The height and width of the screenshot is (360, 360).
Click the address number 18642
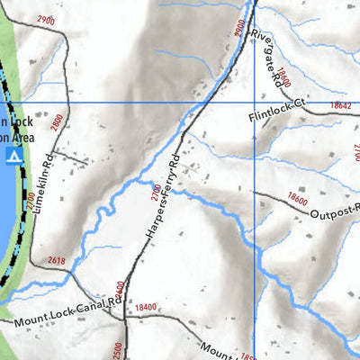340,106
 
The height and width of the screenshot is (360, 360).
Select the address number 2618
57,262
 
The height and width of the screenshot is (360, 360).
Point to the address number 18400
145,308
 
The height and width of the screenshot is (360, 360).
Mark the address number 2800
57,123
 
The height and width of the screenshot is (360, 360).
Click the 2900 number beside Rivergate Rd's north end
238,28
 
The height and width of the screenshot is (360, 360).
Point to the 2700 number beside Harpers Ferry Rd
155,190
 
